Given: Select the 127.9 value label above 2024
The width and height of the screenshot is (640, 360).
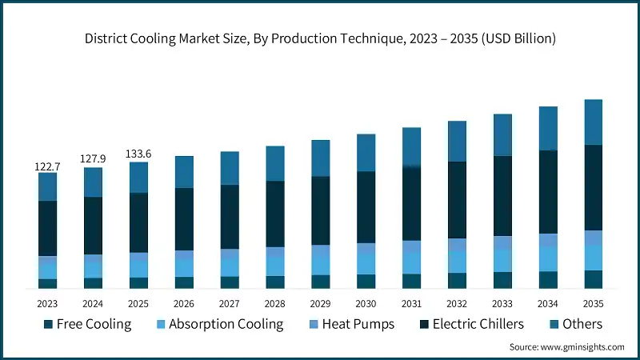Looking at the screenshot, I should click(94, 159).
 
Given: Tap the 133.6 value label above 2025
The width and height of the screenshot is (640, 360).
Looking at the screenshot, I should click(139, 154).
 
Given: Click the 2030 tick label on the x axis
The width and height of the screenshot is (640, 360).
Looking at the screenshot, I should click(366, 304).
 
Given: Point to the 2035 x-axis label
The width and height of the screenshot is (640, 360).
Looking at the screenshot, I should click(593, 304).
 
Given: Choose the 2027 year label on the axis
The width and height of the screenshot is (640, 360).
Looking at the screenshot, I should click(230, 304).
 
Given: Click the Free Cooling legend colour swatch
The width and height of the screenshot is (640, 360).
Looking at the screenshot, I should click(48, 324).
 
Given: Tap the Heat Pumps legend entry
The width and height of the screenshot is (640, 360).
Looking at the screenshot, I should click(352, 324).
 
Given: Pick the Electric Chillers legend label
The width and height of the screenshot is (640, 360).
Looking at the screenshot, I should click(478, 324).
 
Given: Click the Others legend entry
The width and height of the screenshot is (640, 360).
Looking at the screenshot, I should click(582, 324).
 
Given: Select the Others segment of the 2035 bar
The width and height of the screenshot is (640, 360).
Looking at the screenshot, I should click(593, 122).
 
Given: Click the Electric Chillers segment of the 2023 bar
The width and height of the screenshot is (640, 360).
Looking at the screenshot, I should click(48, 228).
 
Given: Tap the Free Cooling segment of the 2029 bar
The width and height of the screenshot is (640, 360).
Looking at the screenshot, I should click(321, 281).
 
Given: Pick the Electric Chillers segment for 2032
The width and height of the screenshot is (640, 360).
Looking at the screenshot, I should click(457, 200).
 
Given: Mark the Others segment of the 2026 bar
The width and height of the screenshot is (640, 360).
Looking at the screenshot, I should click(184, 172).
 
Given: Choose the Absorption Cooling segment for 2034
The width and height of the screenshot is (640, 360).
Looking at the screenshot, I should click(547, 258).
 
